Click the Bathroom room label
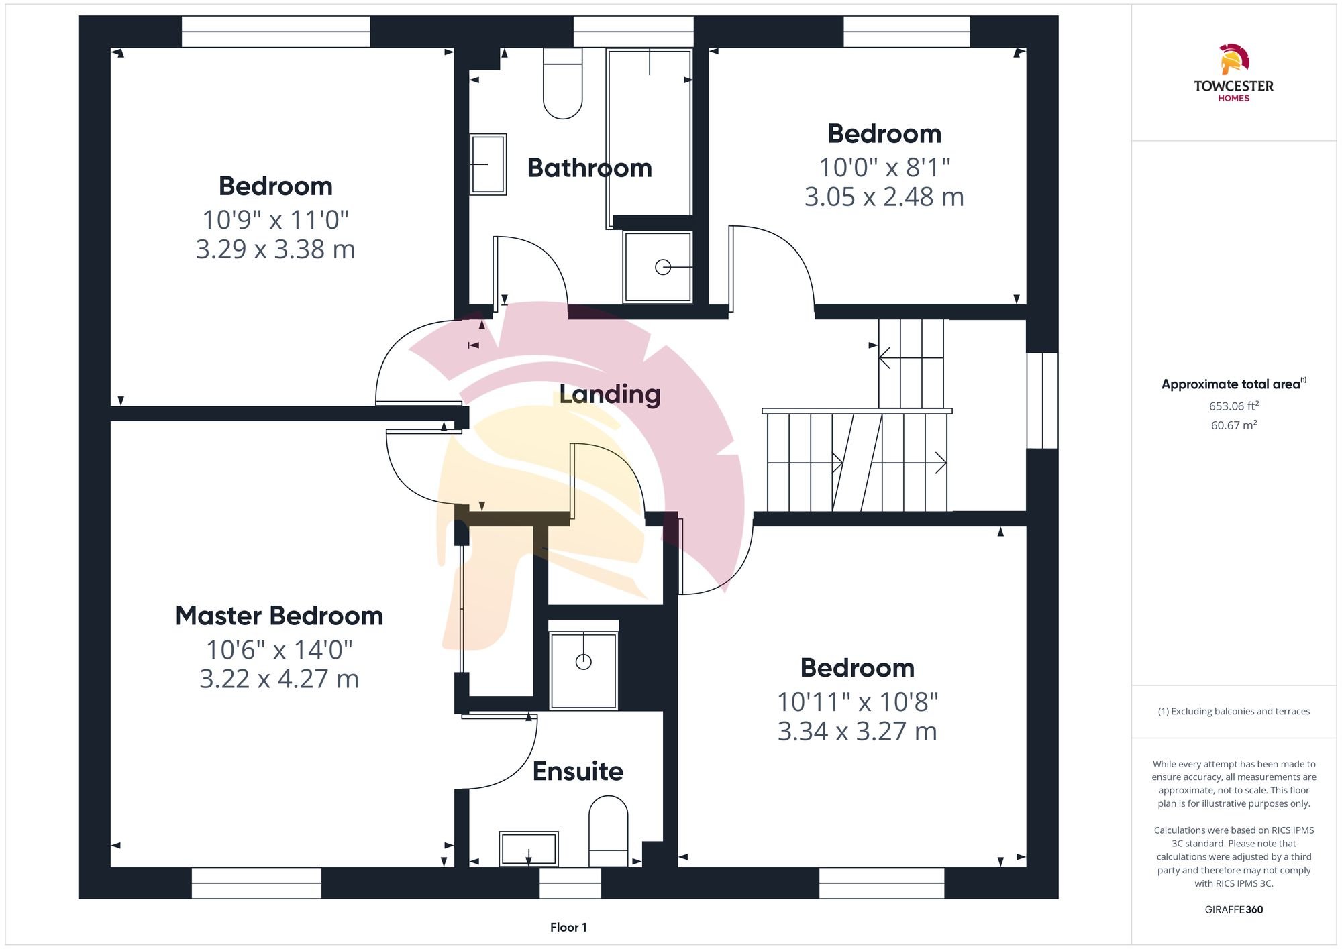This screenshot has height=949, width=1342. (589, 168)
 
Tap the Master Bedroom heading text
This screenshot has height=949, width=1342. (279, 616)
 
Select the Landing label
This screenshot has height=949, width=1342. (609, 394)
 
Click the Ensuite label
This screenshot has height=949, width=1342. (578, 771)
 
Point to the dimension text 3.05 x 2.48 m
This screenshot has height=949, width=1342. (884, 197)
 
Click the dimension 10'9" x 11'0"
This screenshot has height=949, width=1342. (275, 220)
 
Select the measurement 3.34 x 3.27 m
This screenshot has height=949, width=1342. (857, 731)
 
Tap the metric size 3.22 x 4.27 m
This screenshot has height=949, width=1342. (279, 679)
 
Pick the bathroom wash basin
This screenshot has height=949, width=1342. (488, 164)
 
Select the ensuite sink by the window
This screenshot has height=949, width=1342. (529, 849)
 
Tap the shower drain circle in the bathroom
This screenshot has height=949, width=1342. (663, 267)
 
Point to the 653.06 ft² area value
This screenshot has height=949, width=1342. (1233, 406)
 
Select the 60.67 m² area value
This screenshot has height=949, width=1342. (1233, 425)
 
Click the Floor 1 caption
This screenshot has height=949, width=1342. (568, 927)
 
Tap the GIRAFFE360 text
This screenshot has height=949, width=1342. (1233, 909)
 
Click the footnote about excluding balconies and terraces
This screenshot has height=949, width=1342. (1233, 711)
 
